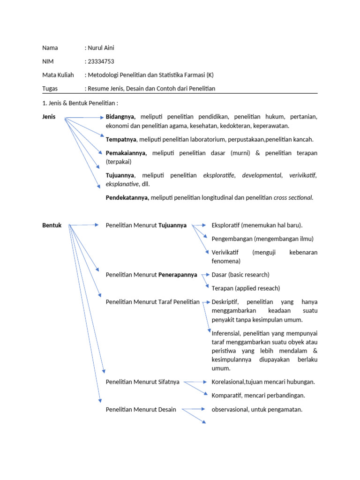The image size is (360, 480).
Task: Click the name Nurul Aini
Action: click(x=101, y=48)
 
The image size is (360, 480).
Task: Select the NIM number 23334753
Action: click(x=101, y=61)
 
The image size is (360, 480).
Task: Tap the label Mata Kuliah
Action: click(x=55, y=75)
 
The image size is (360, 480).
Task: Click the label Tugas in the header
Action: click(x=50, y=89)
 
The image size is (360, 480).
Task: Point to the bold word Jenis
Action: click(x=48, y=117)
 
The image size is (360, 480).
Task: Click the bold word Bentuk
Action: click(x=51, y=225)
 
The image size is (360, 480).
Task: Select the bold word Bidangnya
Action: click(x=120, y=117)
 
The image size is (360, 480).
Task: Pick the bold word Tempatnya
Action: click(x=121, y=139)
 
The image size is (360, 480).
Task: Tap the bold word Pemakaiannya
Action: click(x=126, y=153)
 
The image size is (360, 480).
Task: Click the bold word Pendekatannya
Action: click(x=127, y=197)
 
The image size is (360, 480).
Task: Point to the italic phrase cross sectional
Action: click(x=292, y=197)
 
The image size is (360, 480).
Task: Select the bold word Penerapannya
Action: click(x=178, y=275)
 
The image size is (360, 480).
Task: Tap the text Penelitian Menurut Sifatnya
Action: click(x=142, y=382)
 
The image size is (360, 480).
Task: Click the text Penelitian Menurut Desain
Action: click(x=141, y=409)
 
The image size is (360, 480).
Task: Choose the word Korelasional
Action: click(x=229, y=382)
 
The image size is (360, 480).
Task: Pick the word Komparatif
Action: click(x=227, y=395)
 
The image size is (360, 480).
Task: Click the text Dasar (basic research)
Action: click(x=240, y=275)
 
